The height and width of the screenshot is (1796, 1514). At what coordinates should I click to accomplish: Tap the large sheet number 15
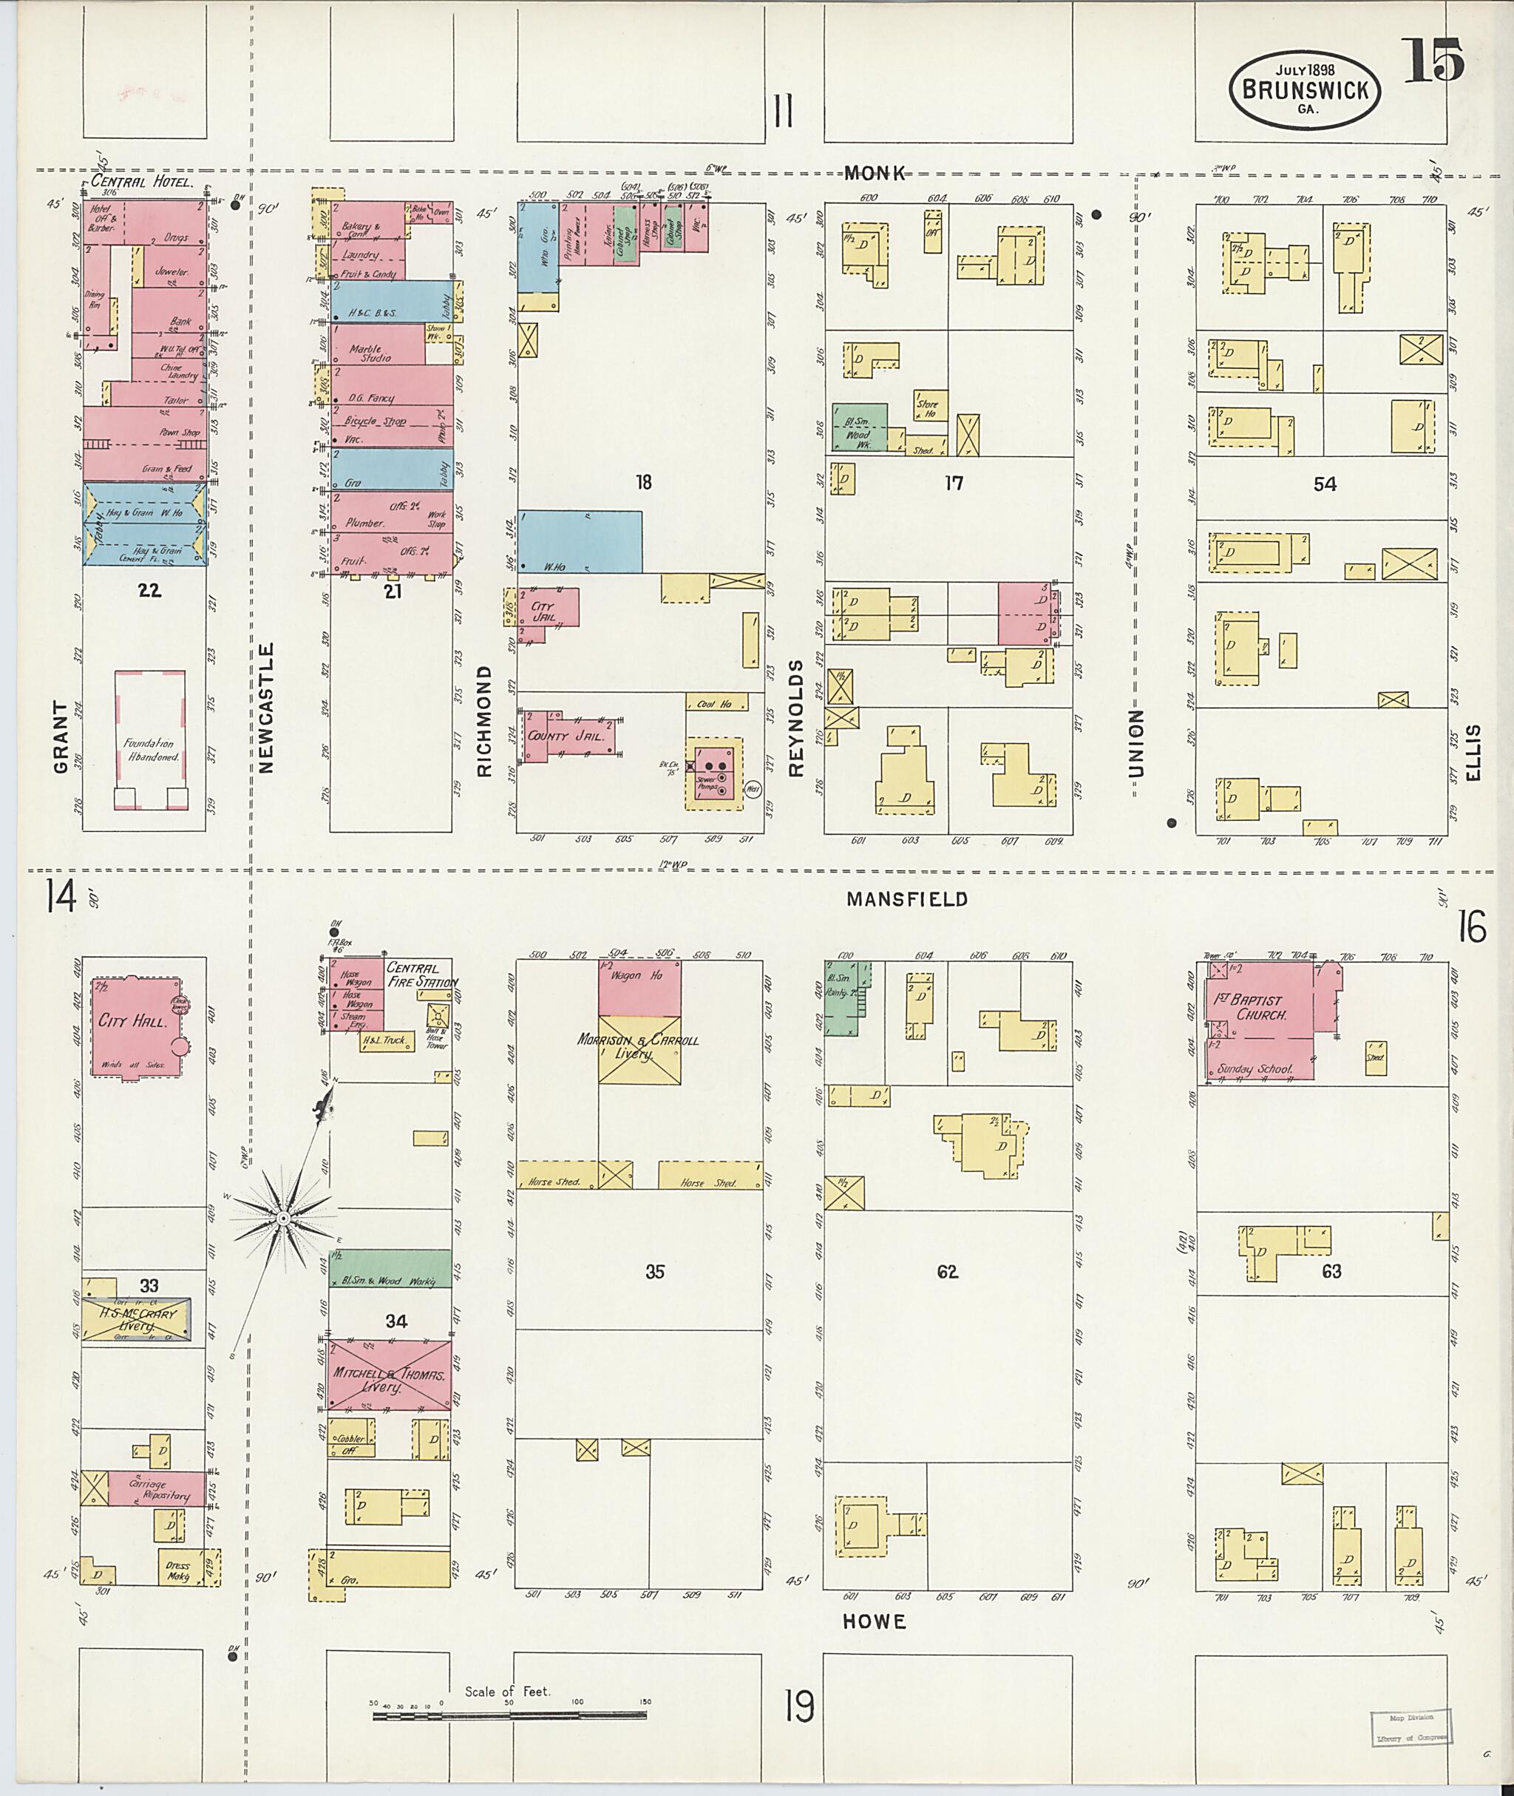point(1433,62)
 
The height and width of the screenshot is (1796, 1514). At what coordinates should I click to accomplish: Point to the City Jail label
point(543,611)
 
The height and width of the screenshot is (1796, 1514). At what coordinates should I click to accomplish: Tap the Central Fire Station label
point(420,975)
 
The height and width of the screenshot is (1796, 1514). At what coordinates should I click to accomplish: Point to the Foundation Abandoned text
point(150,750)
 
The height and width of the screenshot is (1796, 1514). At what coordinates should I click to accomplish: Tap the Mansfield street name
point(906,899)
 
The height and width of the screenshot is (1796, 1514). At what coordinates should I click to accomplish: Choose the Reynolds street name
point(795,717)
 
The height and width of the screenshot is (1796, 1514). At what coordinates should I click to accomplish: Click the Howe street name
point(874,1621)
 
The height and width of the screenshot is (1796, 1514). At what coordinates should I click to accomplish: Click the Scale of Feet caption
point(506,1691)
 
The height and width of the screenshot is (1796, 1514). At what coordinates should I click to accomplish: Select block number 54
point(1324,484)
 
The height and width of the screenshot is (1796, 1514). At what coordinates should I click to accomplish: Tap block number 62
point(947,1272)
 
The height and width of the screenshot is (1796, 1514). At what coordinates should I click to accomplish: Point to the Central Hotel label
point(143,182)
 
